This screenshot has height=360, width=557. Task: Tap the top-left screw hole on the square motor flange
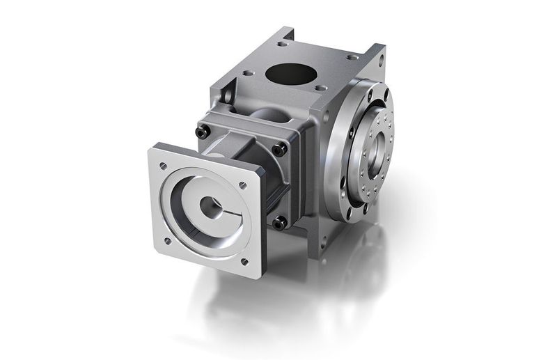point(163,165)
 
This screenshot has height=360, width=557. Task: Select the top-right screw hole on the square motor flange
point(242,186)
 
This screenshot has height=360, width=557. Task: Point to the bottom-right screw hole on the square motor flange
point(244,262)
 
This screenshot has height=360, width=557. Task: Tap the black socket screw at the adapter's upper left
point(202,132)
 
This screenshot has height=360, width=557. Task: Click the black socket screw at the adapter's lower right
point(279,223)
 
